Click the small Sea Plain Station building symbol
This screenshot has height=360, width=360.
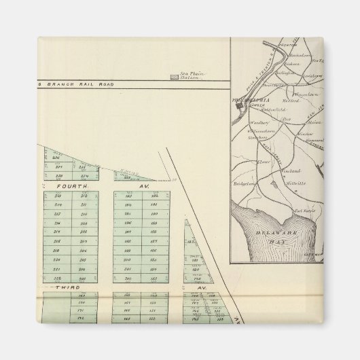(x=175, y=77)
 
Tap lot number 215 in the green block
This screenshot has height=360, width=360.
(x=58, y=213)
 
